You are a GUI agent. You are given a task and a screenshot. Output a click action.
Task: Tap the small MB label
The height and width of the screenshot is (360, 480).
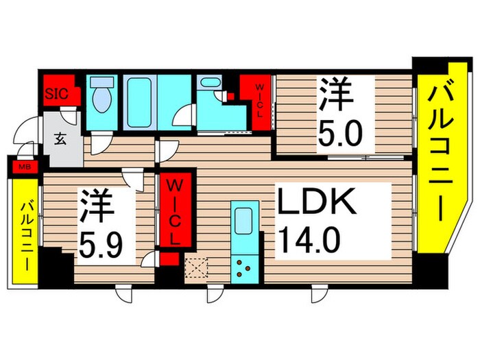coord(23,165)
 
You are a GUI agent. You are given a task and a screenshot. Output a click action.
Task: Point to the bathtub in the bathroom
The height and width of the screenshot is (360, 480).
coord(139,101)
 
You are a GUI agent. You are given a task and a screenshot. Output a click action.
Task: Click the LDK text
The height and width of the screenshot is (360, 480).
coord(315,204)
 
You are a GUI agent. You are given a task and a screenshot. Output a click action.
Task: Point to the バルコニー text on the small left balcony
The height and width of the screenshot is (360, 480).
coord(25,233)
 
